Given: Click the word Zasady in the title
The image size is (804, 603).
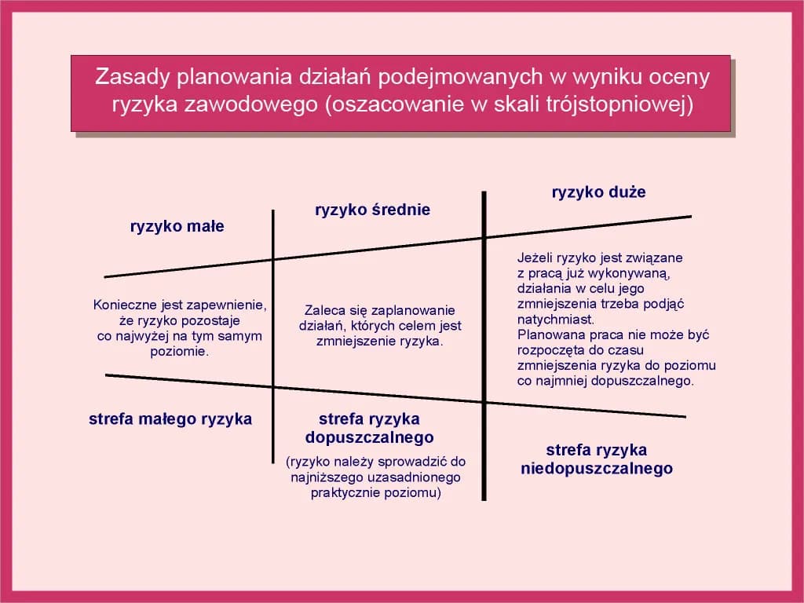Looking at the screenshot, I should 130,77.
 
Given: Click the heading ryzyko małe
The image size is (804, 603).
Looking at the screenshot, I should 177,227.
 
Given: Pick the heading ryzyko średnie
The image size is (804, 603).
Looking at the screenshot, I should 372,210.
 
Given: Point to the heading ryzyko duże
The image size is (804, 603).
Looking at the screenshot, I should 598,192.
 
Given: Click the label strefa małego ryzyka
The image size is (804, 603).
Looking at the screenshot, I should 170,418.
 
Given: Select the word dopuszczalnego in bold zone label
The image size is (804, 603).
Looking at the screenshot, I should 369,437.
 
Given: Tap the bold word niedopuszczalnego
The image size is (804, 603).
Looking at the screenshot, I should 597,469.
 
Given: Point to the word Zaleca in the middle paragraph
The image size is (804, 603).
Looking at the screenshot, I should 323,310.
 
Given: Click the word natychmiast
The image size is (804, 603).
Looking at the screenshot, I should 555,320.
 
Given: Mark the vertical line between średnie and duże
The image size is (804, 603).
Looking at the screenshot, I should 484,345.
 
